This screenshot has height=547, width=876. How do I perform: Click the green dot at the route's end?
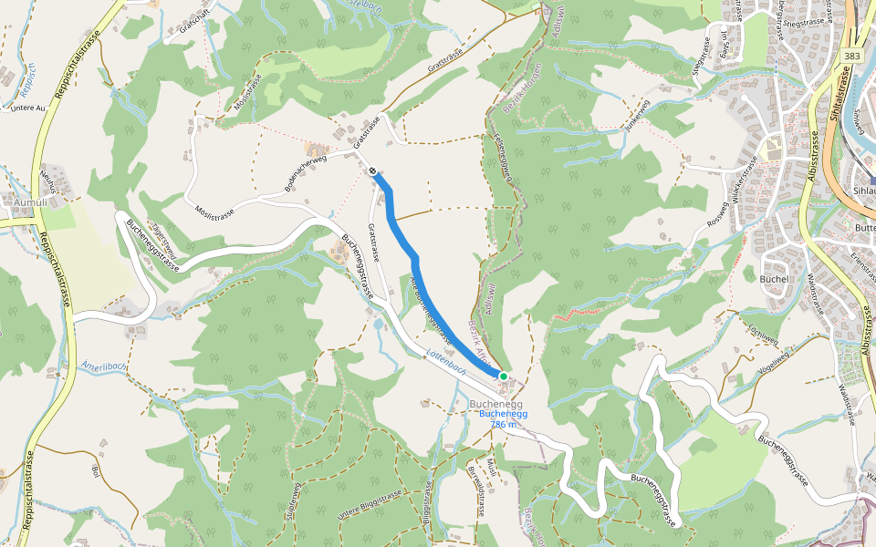click(503, 376)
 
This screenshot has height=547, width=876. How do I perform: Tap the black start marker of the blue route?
click(374, 170)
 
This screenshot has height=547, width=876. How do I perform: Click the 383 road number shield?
click(852, 56)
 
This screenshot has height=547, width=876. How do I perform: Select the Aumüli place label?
click(18, 201)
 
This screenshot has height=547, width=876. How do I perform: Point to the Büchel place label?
click(774, 278)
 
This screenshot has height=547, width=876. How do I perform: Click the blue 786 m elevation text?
click(504, 424)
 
